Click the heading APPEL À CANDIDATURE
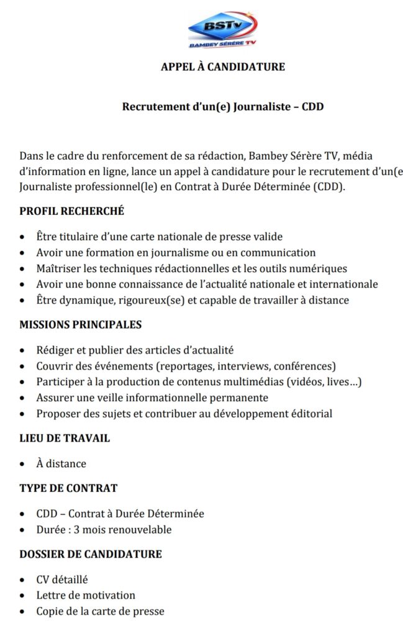(x=223, y=66)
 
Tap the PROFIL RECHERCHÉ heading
(x=72, y=211)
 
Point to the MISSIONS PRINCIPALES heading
(x=81, y=324)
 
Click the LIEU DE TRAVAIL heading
(x=65, y=438)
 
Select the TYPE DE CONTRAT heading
(x=68, y=488)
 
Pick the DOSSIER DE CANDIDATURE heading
(x=91, y=553)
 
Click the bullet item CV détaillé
(x=62, y=579)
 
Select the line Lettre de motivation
(x=86, y=595)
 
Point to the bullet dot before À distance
(x=23, y=464)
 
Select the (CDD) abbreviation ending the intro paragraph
(x=327, y=187)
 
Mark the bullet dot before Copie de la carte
(x=23, y=612)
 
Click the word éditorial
(x=310, y=413)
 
